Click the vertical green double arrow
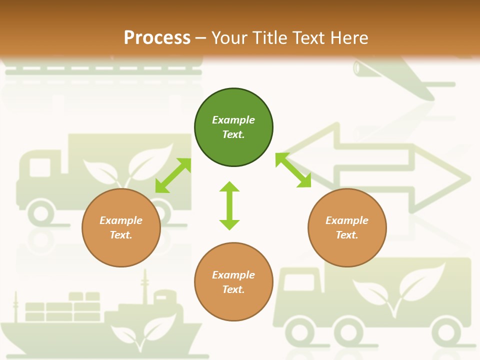pos(229,205)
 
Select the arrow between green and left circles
pos(173,175)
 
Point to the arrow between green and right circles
pos(293,170)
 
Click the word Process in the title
pos(157,37)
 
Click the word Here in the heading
pos(349,37)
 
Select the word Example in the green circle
pos(233,120)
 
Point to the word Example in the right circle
pos(347,220)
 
